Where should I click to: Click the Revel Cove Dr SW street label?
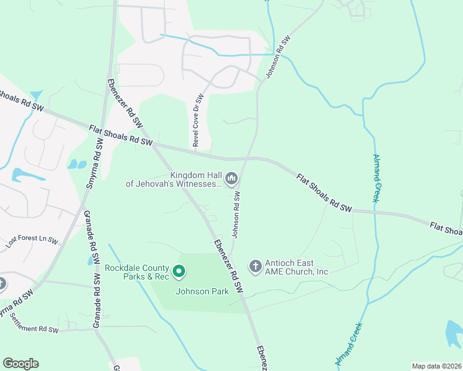point(197,120)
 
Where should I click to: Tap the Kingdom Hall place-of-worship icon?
point(231,179)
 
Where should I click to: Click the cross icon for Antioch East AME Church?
point(255,267)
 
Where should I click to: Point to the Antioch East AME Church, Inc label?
point(296,267)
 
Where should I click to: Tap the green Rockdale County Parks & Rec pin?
point(179,271)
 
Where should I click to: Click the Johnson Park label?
point(202,291)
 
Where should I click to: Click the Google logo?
point(20,364)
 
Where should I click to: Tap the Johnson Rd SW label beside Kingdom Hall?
point(236,214)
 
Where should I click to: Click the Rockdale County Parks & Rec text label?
point(136,272)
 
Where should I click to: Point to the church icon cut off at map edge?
point(2,284)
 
